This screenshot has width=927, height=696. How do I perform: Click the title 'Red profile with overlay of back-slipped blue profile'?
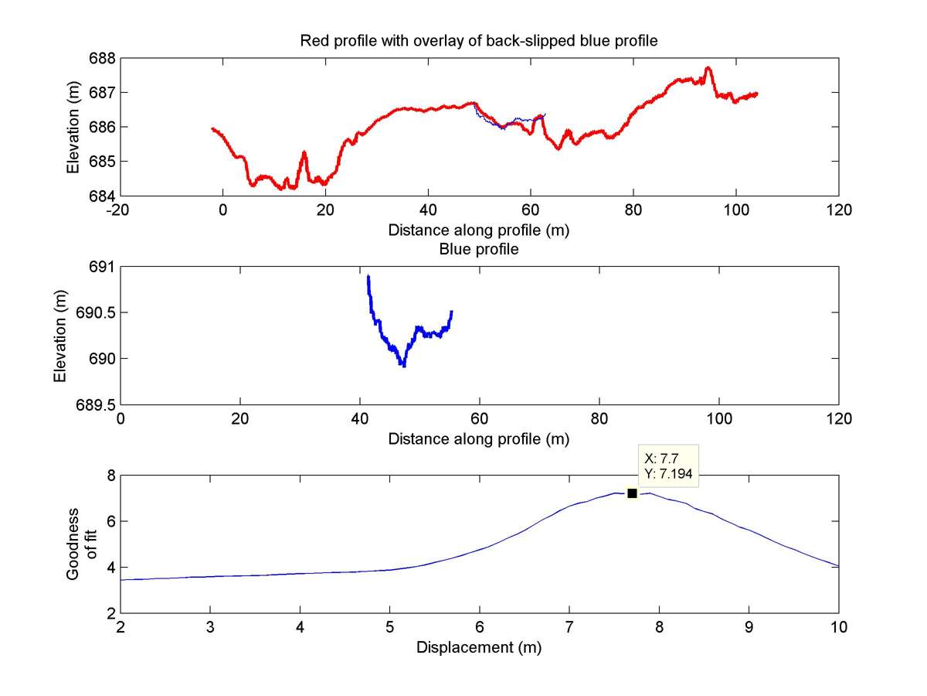point(479,41)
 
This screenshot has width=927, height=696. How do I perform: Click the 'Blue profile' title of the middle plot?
point(478,249)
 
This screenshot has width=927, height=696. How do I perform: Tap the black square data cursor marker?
point(632,493)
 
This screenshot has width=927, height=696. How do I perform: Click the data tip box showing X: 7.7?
point(668,466)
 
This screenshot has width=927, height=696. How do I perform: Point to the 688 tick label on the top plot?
point(104,58)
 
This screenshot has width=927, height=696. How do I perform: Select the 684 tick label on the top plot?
point(104,196)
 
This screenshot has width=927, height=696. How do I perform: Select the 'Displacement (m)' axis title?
point(479,648)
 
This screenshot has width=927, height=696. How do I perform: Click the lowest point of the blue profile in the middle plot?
point(403,366)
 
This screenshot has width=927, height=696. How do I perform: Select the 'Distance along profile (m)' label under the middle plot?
point(479,439)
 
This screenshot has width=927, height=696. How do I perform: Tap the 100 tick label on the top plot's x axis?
point(736,210)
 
